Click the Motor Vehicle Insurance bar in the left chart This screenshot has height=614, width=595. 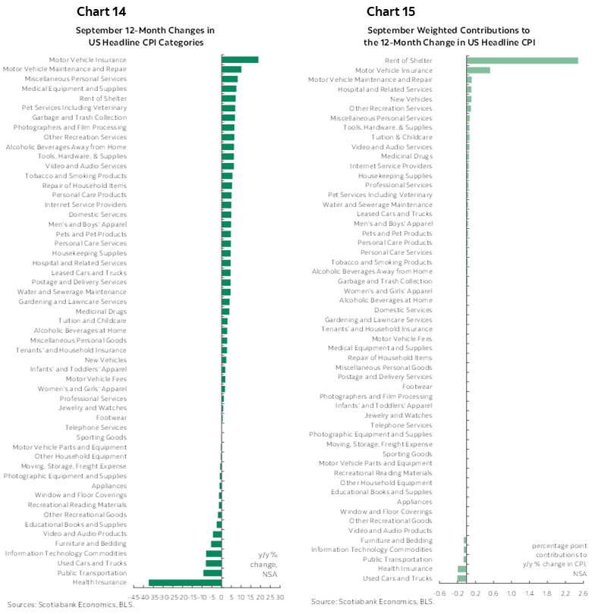(240, 59)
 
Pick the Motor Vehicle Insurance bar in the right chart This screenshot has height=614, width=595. (478, 70)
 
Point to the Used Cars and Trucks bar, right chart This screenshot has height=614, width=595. (462, 578)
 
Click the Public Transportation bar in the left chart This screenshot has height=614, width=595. (212, 572)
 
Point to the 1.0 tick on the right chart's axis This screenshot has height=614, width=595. (511, 593)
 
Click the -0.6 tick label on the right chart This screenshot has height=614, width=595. (439, 593)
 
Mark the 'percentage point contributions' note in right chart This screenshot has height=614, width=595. (559, 559)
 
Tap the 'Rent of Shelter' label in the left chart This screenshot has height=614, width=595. (102, 98)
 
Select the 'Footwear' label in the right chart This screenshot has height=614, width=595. (417, 386)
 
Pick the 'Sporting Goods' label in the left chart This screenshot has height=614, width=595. (101, 437)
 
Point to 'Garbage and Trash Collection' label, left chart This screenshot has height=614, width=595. (80, 117)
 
